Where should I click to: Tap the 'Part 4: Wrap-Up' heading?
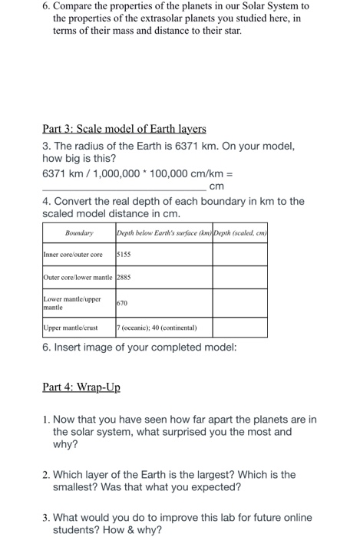click(81, 387)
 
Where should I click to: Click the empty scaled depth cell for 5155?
click(240, 254)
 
